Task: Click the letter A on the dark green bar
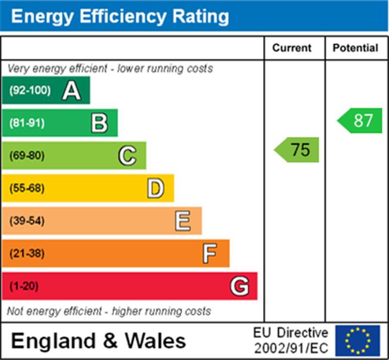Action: pos(71,90)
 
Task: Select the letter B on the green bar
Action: pos(99,123)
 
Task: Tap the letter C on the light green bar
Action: pos(127,156)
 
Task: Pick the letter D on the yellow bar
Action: pos(155,188)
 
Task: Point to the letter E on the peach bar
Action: pos(183,221)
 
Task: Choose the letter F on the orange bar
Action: pos(210,253)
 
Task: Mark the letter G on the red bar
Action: pos(239,286)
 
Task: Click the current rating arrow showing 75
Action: pos(297,150)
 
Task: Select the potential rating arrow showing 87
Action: pos(360,121)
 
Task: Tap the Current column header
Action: pos(292,48)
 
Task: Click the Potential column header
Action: pos(355,48)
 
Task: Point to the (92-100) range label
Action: pos(30,90)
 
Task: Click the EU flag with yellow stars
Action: pos(357,341)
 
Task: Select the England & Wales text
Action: pos(98,341)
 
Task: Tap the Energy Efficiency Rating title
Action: pos(120,17)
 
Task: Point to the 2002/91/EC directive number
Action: pos(291,348)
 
